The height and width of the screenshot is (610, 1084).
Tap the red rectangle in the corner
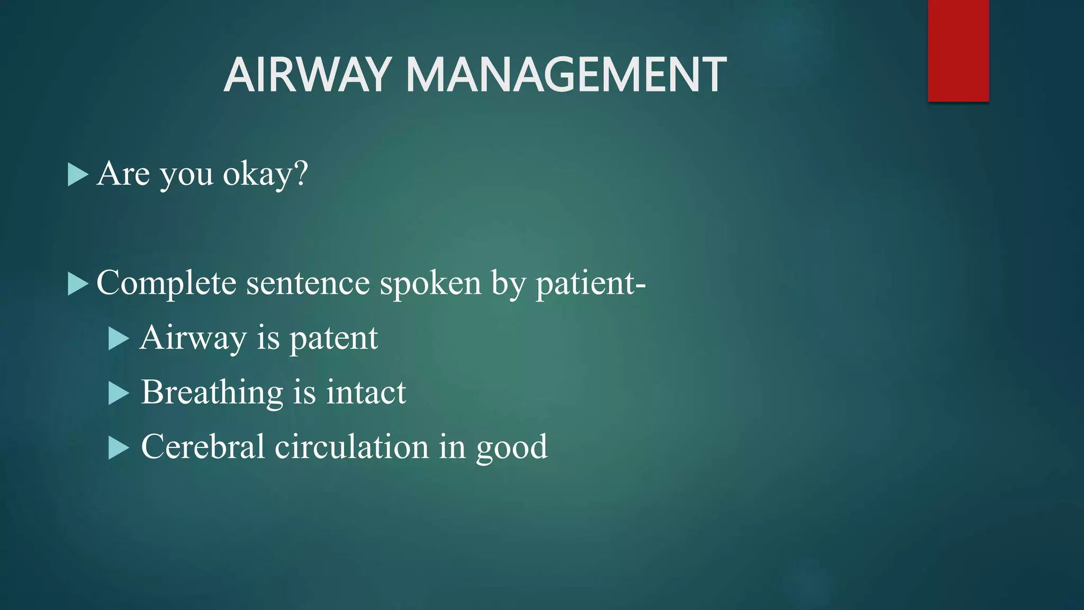tap(958, 50)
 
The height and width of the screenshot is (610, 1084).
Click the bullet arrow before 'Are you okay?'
tap(77, 175)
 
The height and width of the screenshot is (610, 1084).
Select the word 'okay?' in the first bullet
tap(265, 174)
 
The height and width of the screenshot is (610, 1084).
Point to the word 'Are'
tap(123, 174)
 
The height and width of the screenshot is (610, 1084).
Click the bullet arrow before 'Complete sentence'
tap(77, 284)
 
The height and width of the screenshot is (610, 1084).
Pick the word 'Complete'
tap(166, 283)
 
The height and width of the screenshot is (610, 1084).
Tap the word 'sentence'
tap(308, 283)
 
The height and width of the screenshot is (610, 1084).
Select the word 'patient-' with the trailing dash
tap(591, 283)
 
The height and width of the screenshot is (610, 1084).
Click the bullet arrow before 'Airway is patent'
tap(118, 339)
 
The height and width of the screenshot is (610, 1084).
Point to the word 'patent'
tap(333, 339)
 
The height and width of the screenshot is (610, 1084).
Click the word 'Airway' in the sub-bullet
tap(193, 339)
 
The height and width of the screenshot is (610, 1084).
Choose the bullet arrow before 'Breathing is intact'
tap(118, 393)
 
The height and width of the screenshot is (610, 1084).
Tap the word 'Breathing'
tap(212, 393)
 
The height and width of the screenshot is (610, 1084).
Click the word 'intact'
tap(366, 393)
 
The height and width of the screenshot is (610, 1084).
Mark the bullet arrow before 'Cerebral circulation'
tap(118, 448)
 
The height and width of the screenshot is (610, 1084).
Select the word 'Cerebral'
tap(202, 447)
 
